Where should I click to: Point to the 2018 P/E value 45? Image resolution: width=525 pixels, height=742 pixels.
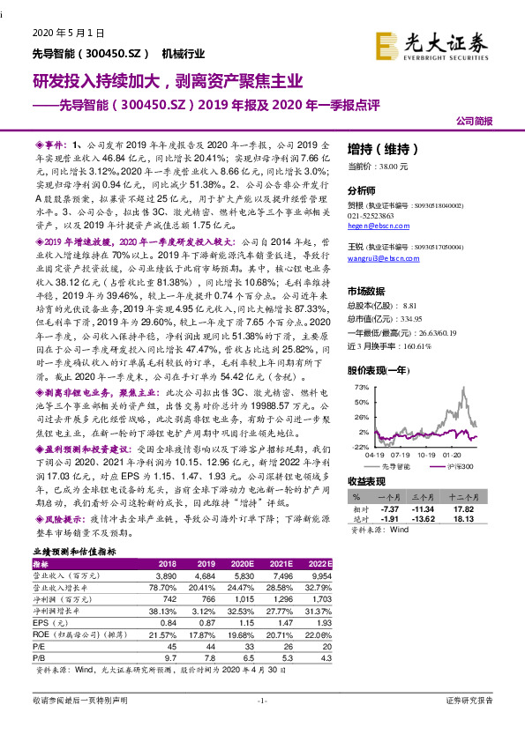pyautogui.click(x=168, y=645)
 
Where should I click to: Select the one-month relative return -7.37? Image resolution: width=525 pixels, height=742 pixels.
pyautogui.click(x=390, y=509)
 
